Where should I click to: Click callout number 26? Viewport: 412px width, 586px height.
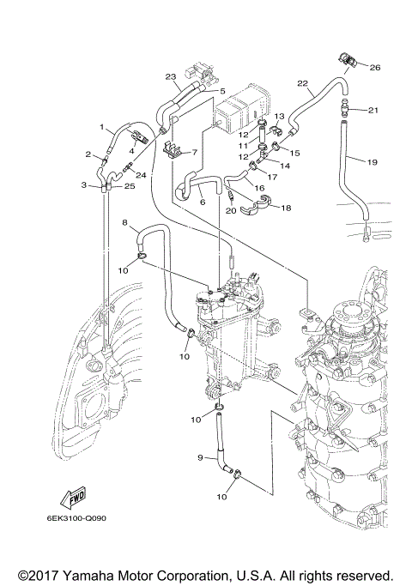[374, 66]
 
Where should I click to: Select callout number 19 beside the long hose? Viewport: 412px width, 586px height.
[373, 161]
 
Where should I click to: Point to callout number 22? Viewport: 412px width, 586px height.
[302, 83]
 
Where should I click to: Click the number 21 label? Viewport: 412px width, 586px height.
[373, 110]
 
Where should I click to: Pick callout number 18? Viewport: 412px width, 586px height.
[285, 208]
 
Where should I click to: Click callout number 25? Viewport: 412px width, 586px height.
[130, 186]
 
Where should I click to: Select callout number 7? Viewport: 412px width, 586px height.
[194, 153]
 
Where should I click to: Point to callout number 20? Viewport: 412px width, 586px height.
[231, 210]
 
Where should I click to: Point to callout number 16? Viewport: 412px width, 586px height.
[257, 186]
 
